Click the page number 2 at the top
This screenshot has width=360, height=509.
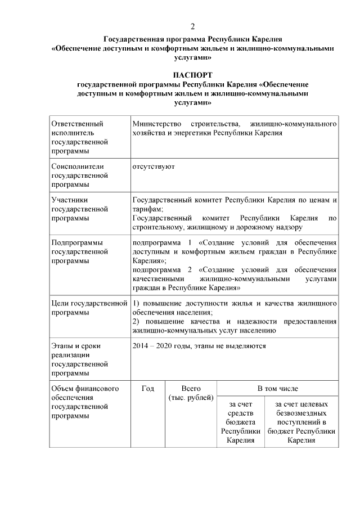(193, 26)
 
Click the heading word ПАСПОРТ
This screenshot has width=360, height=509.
(193, 74)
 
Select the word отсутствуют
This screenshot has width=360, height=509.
(153, 166)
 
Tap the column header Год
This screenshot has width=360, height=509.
(148, 389)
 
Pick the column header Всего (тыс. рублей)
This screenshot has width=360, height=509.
(191, 393)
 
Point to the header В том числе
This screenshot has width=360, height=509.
(277, 389)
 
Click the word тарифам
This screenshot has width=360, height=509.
(147, 209)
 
